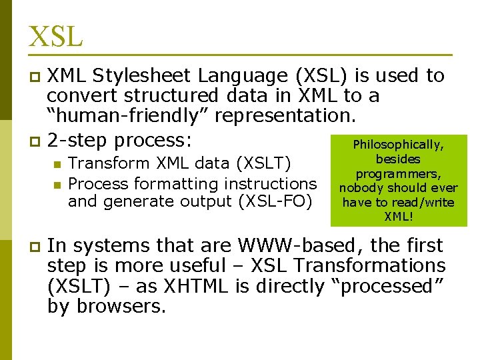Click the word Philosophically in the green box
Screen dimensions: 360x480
pos(398,145)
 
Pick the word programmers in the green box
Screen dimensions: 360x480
pos(398,173)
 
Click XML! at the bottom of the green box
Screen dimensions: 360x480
pos(398,217)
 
